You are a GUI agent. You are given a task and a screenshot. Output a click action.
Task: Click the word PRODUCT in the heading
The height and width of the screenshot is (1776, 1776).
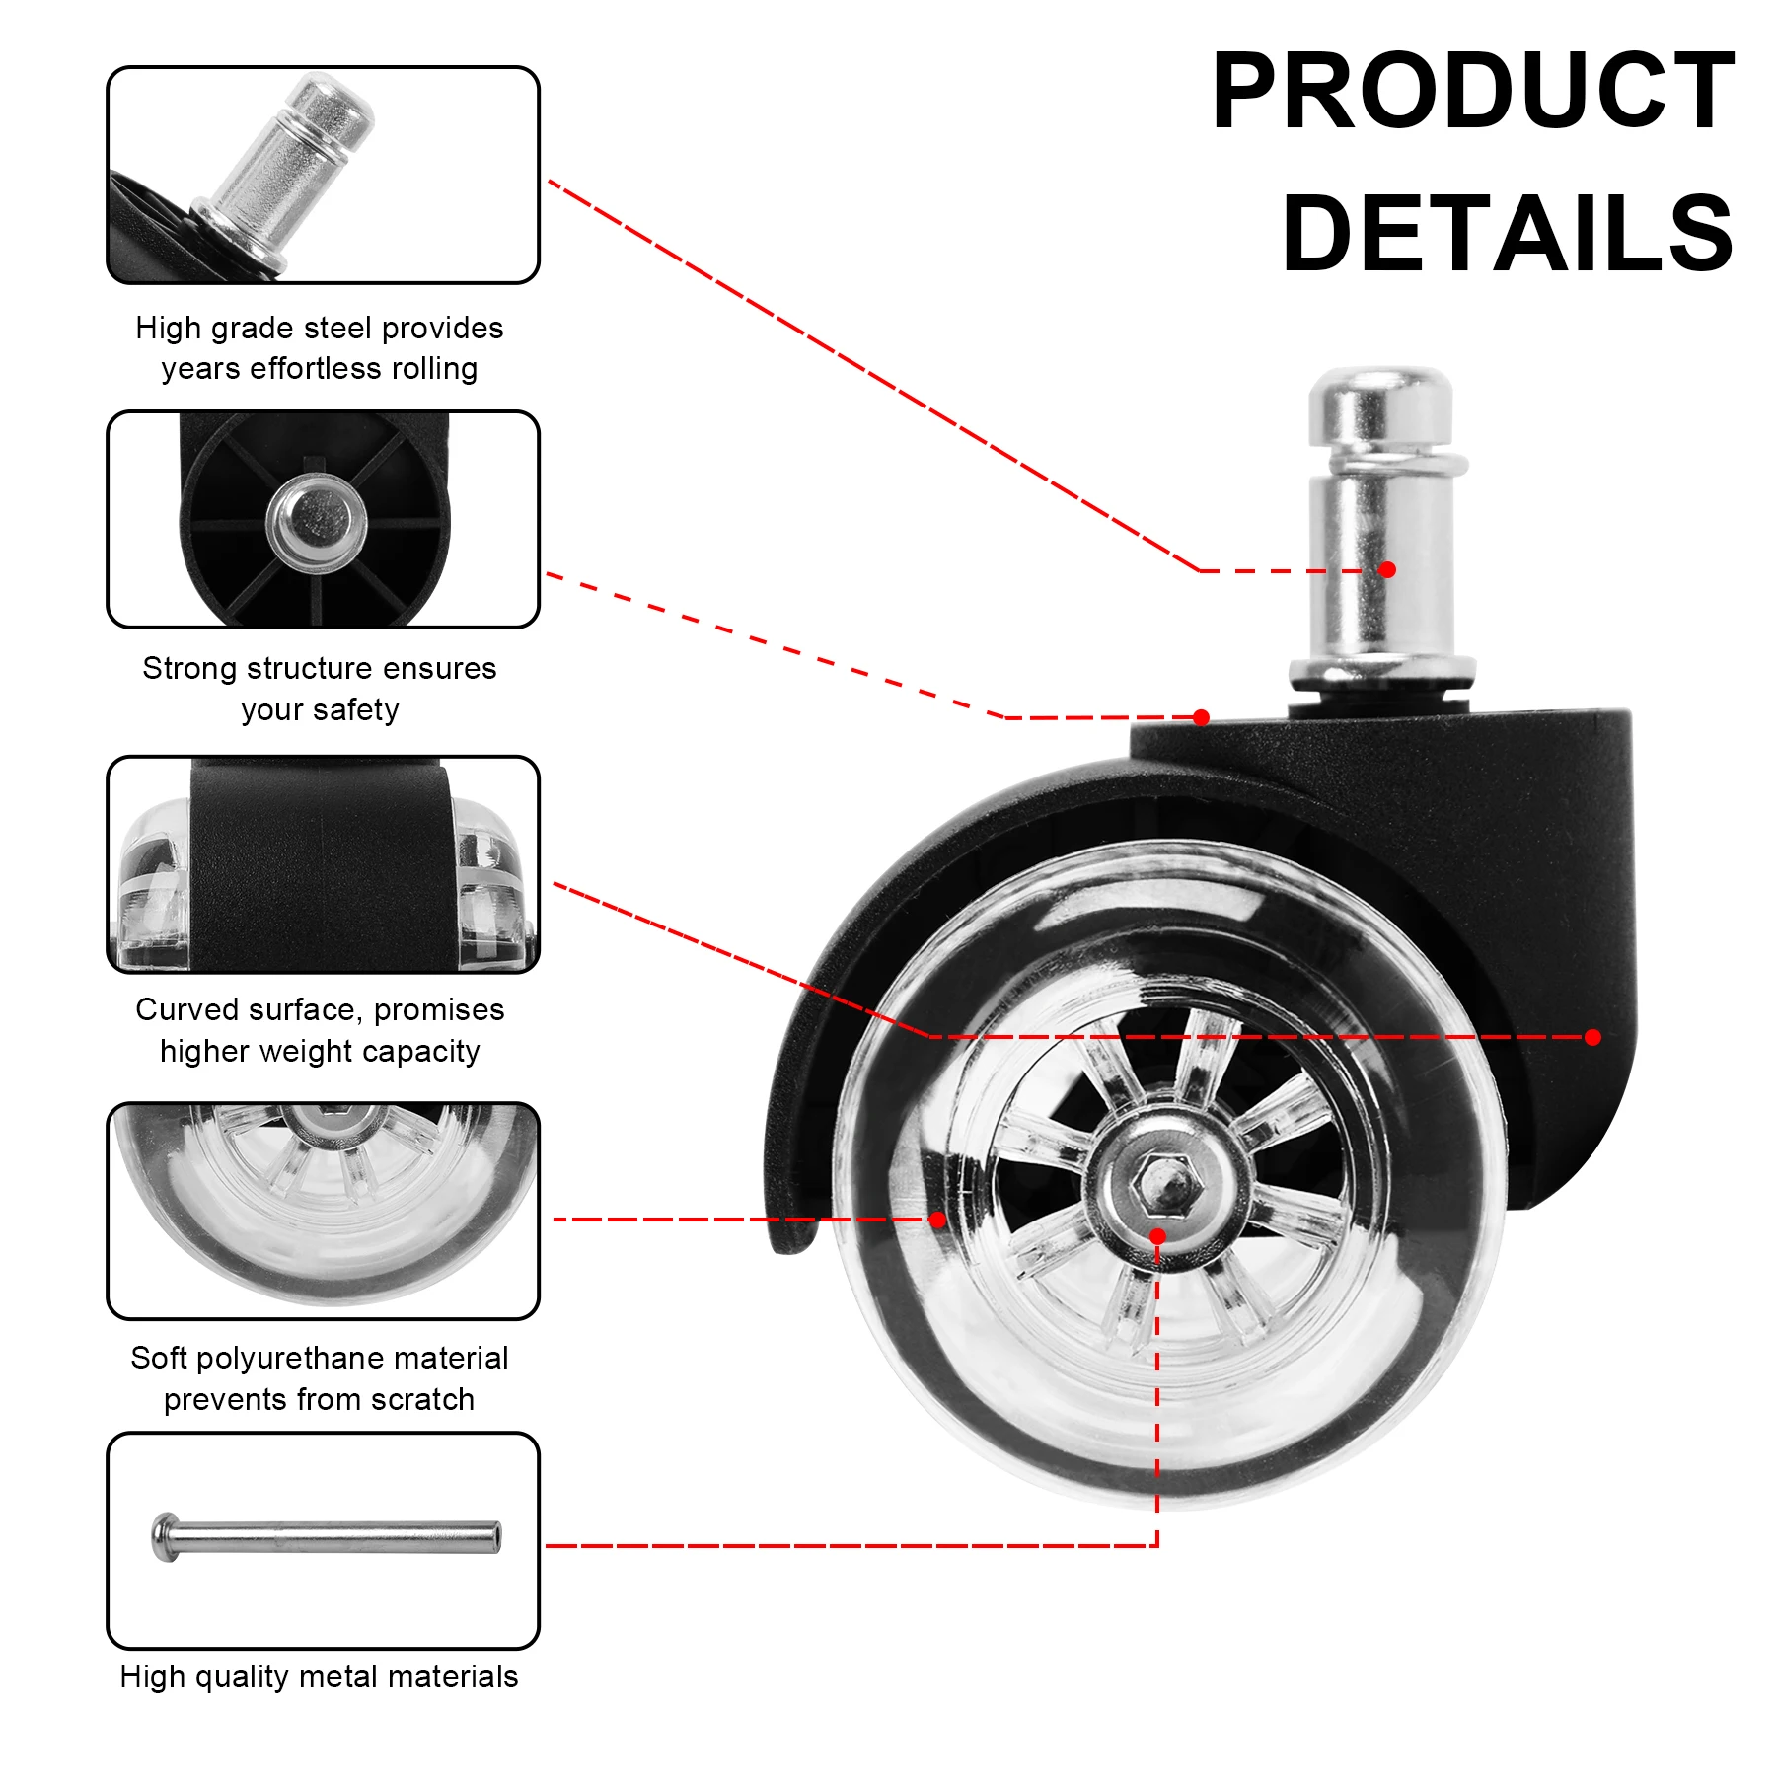pyautogui.click(x=1472, y=91)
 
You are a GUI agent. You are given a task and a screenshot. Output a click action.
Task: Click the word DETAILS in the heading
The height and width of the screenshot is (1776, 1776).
pyautogui.click(x=1507, y=234)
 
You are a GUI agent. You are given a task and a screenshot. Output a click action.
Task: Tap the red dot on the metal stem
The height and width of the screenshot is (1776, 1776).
pyautogui.click(x=1387, y=569)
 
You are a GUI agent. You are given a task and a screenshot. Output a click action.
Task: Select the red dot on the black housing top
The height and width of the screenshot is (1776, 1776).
pyautogui.click(x=1201, y=717)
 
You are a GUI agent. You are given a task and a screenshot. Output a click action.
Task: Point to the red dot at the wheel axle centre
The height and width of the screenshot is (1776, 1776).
pyautogui.click(x=1158, y=1236)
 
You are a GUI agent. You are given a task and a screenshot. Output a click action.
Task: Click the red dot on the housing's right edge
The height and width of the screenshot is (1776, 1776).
pyautogui.click(x=1592, y=1037)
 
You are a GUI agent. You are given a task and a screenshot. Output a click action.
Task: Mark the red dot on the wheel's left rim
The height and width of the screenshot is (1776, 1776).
pyautogui.click(x=937, y=1220)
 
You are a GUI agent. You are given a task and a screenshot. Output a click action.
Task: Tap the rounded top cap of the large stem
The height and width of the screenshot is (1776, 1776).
pyautogui.click(x=1380, y=395)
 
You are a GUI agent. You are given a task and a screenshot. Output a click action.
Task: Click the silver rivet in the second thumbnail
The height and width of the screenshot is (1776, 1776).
pyautogui.click(x=316, y=519)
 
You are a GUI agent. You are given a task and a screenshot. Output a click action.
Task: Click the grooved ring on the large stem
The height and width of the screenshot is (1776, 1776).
pyautogui.click(x=1380, y=461)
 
